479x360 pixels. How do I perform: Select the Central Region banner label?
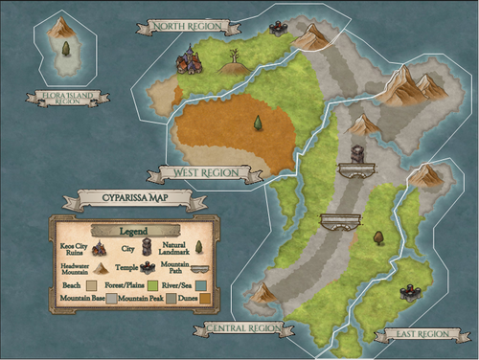point(246,328)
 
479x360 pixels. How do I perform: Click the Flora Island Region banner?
point(67,97)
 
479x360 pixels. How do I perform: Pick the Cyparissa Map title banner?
point(136,201)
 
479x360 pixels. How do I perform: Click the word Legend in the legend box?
point(135,231)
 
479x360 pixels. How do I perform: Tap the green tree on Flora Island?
point(65,48)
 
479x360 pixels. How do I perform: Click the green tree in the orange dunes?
point(258,123)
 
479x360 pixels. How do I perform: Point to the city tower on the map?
point(357,153)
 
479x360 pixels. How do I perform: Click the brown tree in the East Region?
point(378,236)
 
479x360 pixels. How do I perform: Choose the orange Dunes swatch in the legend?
point(203,299)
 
